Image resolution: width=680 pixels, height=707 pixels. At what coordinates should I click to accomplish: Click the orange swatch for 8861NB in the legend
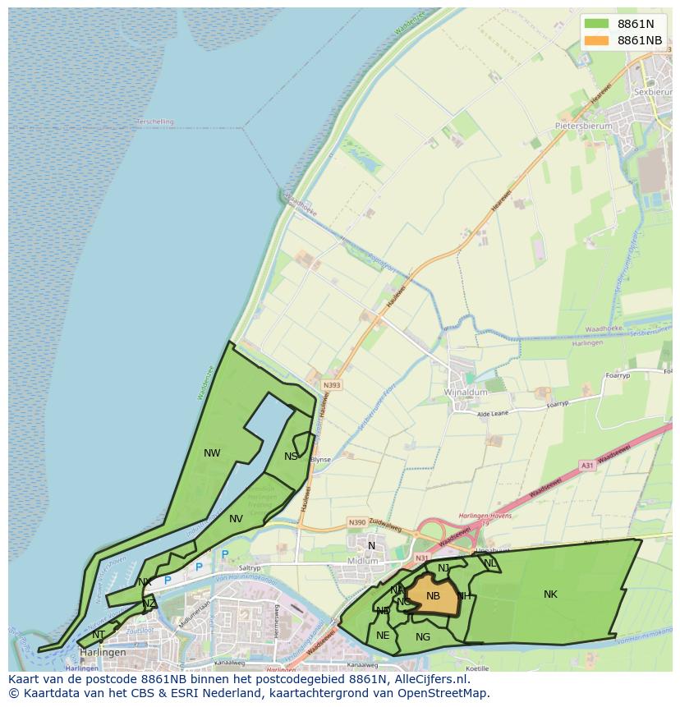tap(596, 40)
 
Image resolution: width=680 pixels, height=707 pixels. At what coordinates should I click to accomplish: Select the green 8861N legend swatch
tap(596, 24)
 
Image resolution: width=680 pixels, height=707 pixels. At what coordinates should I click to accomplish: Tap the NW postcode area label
tap(212, 452)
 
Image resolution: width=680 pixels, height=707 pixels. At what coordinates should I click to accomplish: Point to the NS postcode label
tap(291, 457)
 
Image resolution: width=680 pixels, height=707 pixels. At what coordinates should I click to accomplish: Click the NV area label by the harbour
tap(236, 518)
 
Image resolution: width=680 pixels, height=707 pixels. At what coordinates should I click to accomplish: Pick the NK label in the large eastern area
tap(550, 594)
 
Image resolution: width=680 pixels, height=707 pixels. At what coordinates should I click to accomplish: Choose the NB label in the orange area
tap(433, 596)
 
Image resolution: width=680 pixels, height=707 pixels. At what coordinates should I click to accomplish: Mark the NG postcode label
tap(423, 636)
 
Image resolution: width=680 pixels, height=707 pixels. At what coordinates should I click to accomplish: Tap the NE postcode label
tap(383, 635)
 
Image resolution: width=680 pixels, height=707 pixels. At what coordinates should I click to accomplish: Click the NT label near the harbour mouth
tap(99, 634)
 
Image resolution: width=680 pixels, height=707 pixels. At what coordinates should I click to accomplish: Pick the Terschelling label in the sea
tap(155, 122)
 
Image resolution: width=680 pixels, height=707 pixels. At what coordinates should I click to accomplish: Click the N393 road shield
tap(332, 384)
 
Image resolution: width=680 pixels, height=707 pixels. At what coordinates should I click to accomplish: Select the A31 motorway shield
tap(586, 466)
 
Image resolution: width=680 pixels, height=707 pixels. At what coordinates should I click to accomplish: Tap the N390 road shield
tap(356, 522)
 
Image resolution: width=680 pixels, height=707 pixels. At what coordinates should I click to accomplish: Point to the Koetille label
tap(477, 668)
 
